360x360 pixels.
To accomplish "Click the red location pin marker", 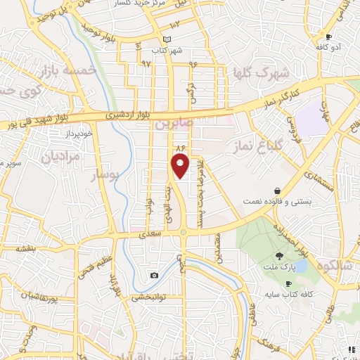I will pos(181,166).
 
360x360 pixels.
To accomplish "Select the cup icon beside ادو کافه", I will pos(328,36).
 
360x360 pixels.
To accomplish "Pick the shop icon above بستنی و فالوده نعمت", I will pos(278,191).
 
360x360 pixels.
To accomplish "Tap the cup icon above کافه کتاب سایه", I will pos(288,283).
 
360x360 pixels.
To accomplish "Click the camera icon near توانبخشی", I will pos(154,275).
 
